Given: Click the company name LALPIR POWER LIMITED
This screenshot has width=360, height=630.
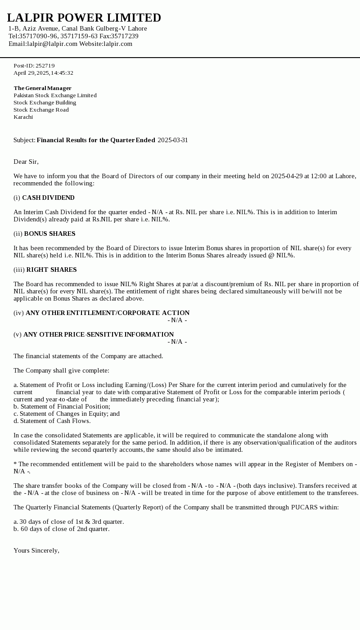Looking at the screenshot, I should tap(84, 18).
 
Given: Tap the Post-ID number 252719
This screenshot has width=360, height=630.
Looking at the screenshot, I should tap(45, 66).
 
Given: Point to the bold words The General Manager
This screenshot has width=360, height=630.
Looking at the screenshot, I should tap(42, 88).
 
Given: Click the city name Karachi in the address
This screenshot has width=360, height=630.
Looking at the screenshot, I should tap(23, 117).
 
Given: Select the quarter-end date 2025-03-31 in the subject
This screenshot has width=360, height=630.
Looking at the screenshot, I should tap(173, 140).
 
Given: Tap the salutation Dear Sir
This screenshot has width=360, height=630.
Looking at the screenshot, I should tap(26, 162).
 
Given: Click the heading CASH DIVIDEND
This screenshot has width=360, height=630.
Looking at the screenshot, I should tap(48, 198).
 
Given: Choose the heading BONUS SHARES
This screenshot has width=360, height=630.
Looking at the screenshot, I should tap(49, 234).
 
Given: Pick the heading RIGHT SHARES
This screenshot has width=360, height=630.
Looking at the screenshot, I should tap(51, 270).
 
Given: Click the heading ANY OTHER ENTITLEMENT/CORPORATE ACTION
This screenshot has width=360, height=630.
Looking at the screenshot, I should tap(108, 313).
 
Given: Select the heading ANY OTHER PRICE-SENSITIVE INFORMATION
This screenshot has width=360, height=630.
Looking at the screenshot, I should tap(99, 334).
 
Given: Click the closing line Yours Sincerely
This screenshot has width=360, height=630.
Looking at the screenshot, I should tap(36, 550).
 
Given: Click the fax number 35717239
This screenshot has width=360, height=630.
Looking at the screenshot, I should tap(125, 36).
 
